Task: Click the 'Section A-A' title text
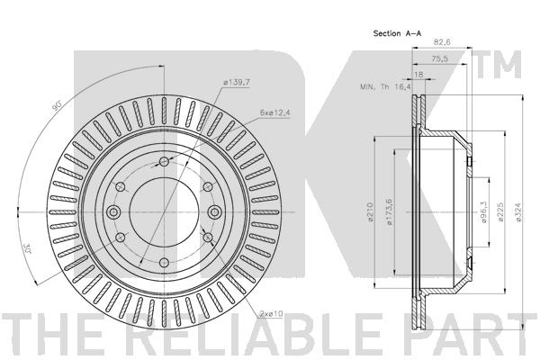[397, 33]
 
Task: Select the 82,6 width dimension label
[442, 42]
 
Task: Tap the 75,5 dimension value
[440, 58]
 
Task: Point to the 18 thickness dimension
[418, 74]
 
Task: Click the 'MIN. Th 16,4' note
[385, 86]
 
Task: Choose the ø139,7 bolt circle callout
[236, 83]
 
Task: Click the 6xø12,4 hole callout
[275, 112]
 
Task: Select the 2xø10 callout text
[272, 314]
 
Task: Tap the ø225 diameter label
[500, 211]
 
